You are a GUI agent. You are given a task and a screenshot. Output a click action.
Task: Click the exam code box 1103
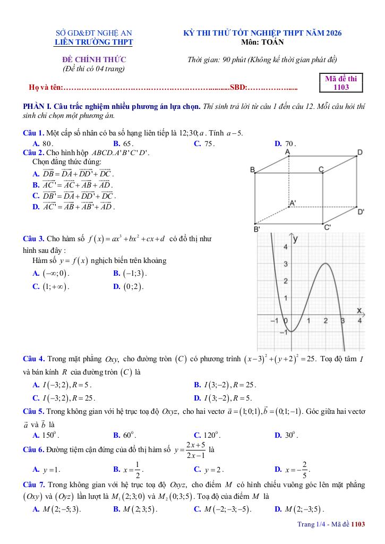pyautogui.click(x=345, y=83)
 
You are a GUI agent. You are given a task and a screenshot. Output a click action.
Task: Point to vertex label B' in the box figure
pyautogui.click(x=256, y=229)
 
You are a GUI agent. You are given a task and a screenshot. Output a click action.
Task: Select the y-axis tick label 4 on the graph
pyautogui.click(x=285, y=247)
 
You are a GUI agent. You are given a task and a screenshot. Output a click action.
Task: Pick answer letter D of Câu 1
pyautogui.click(x=278, y=143)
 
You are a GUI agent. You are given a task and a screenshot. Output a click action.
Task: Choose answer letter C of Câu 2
pyautogui.click(x=36, y=195)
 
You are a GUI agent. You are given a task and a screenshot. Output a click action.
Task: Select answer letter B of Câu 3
pyautogui.click(x=116, y=274)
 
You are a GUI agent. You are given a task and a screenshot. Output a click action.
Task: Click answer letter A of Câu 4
pyautogui.click(x=36, y=385)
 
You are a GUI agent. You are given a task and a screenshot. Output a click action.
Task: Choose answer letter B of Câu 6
pyautogui.click(x=116, y=469)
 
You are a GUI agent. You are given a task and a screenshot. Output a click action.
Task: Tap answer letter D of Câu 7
pyautogui.click(x=278, y=509)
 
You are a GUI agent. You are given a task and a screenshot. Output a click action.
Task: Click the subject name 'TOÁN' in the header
pyautogui.click(x=273, y=42)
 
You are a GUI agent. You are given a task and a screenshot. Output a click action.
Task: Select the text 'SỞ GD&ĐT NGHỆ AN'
pyautogui.click(x=94, y=33)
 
